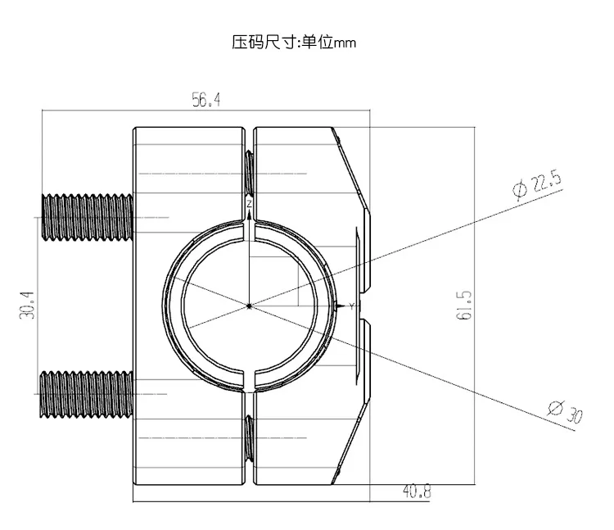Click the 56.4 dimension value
click(x=206, y=100)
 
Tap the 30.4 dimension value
click(x=27, y=306)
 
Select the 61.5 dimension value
click(x=464, y=306)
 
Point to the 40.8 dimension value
click(x=417, y=491)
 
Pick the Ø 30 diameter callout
click(x=566, y=412)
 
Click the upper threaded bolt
click(x=87, y=217)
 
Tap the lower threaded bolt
click(x=86, y=394)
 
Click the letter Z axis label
click(x=249, y=204)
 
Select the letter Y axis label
click(x=352, y=306)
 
